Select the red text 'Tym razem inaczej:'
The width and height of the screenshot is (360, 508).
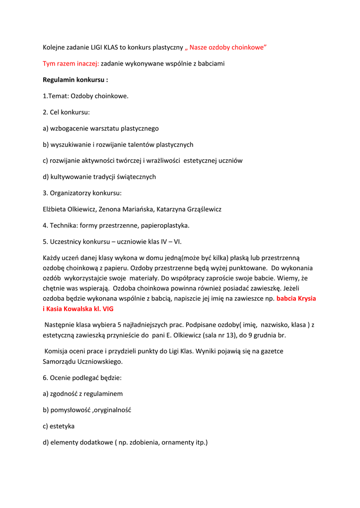pos(71,63)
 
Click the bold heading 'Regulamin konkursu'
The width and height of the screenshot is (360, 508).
pos(74,79)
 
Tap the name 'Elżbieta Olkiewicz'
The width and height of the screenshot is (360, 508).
pos(71,209)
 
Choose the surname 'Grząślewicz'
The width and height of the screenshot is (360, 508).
pos(201,209)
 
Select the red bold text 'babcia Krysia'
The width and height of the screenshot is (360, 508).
pos(296,299)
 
